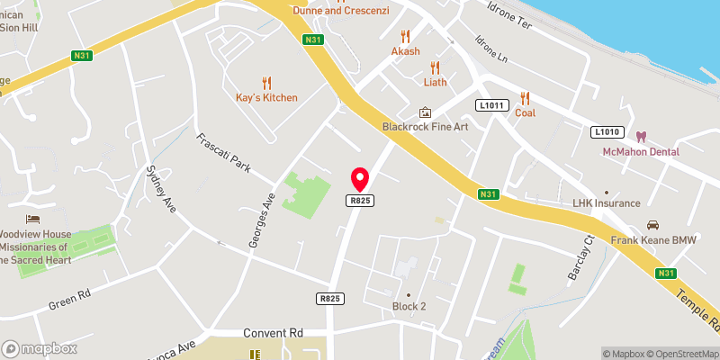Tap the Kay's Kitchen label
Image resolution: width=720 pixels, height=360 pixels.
pos(266,97)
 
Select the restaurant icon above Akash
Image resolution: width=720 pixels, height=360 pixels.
pos(405,36)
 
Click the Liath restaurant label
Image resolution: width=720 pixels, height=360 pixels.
pos(435,82)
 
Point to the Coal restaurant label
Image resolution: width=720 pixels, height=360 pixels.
pos(525,113)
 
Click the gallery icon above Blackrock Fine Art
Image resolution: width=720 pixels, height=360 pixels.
pos(425,112)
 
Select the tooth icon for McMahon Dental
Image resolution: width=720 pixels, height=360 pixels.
pos(641,137)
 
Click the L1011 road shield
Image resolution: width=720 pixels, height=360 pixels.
pos(489,105)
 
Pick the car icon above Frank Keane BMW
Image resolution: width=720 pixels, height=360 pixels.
pos(654,225)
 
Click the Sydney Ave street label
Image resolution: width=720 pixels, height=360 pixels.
pos(161,189)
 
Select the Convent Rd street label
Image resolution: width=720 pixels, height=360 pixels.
pos(273,333)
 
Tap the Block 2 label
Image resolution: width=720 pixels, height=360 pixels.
pos(409,306)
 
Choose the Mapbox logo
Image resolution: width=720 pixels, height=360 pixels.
pos(39,348)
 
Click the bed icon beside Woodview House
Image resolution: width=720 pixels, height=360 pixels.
pos(33,220)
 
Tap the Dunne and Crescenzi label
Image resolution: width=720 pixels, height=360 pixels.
pos(340,10)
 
